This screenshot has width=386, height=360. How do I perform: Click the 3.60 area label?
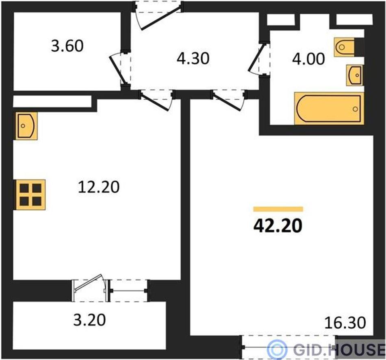click(x=67, y=46)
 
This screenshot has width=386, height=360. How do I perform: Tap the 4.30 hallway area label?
click(x=193, y=59)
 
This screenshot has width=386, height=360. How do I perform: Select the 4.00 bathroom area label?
click(x=308, y=59)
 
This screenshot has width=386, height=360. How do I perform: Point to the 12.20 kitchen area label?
click(x=99, y=187)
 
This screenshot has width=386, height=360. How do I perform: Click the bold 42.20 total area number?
click(x=278, y=226)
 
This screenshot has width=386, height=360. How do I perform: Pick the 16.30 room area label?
click(x=345, y=323)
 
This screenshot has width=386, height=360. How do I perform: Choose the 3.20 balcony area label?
click(x=90, y=320)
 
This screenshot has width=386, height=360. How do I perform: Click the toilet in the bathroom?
click(x=345, y=47)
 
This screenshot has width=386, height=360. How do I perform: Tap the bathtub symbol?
click(x=329, y=108)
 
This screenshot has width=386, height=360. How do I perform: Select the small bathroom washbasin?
click(x=354, y=75)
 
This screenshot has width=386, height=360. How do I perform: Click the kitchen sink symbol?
click(x=27, y=126)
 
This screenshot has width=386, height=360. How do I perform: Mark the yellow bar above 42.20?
click(x=278, y=209)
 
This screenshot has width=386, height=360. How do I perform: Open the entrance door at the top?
click(x=159, y=15)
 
